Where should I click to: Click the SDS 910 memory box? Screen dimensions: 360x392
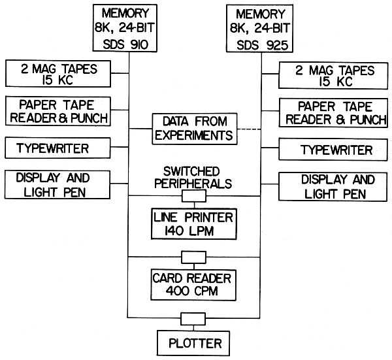130,29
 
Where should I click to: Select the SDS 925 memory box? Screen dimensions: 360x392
261,29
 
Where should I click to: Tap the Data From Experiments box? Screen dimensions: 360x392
193,129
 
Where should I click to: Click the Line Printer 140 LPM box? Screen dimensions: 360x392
193,223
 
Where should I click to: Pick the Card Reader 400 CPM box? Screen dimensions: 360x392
193,282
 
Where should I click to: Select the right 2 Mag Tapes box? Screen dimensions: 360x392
333,76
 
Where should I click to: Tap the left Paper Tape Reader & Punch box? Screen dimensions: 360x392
57,112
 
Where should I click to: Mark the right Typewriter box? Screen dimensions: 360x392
333,150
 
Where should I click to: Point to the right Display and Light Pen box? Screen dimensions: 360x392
333,186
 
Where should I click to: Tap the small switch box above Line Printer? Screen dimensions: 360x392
193,195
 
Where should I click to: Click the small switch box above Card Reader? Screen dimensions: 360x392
193,256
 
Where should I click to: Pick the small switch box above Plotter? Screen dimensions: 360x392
193,318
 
